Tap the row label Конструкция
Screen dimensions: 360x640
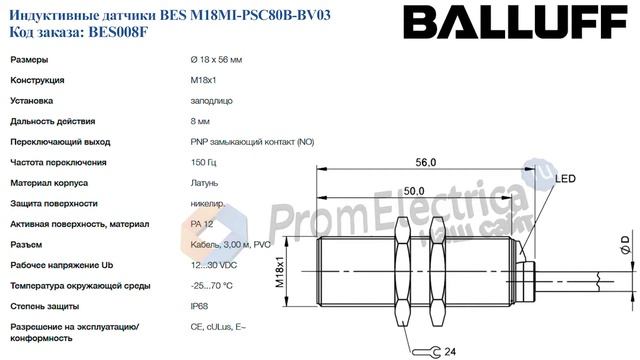click(38, 80)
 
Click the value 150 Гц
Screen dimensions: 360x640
click(200, 162)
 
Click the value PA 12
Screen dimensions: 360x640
click(199, 224)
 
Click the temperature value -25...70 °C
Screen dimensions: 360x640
click(211, 285)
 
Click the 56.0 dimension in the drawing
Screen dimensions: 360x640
click(427, 162)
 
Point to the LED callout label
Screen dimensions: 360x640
click(566, 179)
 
